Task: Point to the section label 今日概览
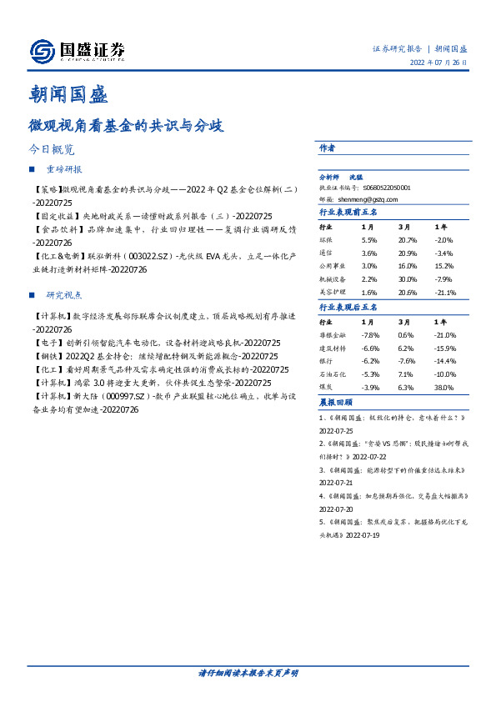coord(52,150)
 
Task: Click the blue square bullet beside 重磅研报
coord(32,169)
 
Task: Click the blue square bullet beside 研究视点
coord(32,295)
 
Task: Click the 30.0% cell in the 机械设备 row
coord(406,279)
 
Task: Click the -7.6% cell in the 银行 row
coord(406,361)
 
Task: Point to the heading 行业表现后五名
coord(348,307)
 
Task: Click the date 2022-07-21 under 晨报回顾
coord(337,482)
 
